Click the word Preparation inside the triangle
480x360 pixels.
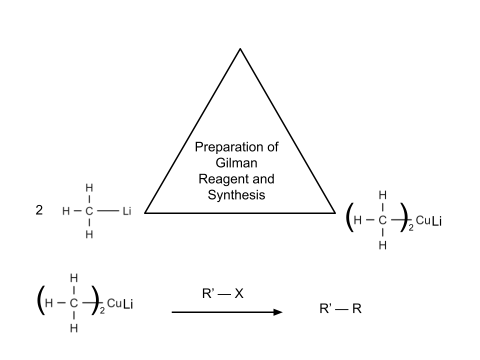click(236, 147)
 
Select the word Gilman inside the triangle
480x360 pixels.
click(236, 163)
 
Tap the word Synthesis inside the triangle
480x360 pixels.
click(236, 195)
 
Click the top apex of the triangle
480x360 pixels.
click(240, 49)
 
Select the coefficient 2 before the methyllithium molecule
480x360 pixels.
click(39, 210)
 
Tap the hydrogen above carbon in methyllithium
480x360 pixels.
click(89, 188)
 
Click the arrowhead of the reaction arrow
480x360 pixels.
click(277, 312)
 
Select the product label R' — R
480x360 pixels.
click(340, 309)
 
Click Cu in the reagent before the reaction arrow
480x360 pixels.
click(113, 303)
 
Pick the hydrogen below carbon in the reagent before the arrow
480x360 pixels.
click(73, 328)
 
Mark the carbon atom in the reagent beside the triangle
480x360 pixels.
click(382, 220)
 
